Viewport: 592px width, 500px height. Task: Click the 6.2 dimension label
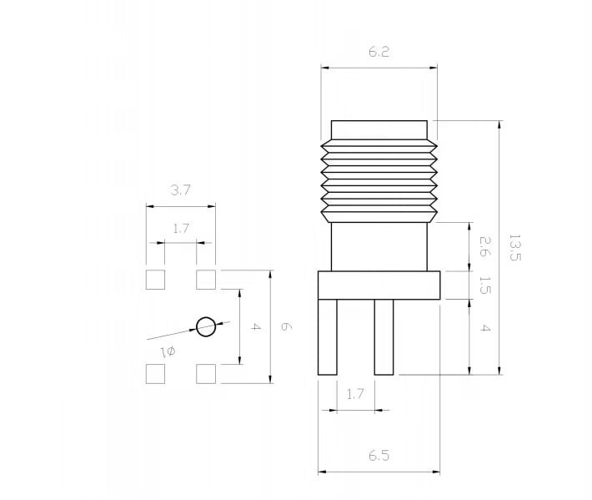pos(379,52)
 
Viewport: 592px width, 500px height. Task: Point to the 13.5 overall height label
pos(515,248)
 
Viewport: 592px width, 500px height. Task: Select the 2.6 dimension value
pos(484,246)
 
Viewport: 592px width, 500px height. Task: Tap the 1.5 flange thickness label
pos(484,285)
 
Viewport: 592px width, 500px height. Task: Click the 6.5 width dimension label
pos(379,456)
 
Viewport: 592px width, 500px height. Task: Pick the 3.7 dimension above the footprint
pos(180,189)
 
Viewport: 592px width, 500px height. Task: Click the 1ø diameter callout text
pos(168,352)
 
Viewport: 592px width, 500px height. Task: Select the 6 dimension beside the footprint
pos(286,326)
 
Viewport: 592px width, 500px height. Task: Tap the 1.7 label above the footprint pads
pos(180,228)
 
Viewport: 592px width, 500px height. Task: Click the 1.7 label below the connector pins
pos(355,394)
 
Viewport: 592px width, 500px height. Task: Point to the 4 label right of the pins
pos(484,328)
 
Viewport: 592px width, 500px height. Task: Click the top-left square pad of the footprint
pos(155,280)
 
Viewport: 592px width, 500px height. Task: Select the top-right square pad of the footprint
pos(206,280)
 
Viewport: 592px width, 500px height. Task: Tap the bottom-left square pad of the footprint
pos(155,374)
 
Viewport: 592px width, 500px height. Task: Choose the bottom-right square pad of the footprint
pos(206,374)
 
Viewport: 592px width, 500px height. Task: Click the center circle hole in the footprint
pos(206,326)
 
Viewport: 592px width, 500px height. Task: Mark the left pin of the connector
pos(328,337)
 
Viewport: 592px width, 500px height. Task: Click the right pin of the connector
pos(384,337)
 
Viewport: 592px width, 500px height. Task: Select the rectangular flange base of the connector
pos(379,285)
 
